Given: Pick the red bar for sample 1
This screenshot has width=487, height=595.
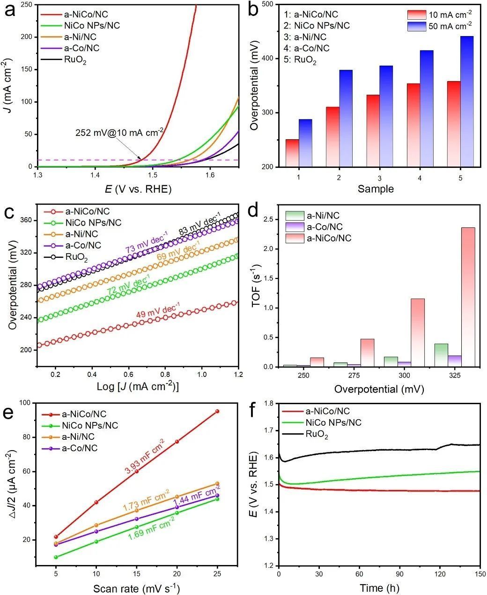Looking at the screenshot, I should pos(292,153).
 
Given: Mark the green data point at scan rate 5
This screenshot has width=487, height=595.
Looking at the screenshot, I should pos(56,557).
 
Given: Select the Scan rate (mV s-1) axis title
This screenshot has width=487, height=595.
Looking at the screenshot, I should pos(136,588).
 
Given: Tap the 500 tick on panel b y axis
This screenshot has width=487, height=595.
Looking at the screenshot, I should pos(267,4).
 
